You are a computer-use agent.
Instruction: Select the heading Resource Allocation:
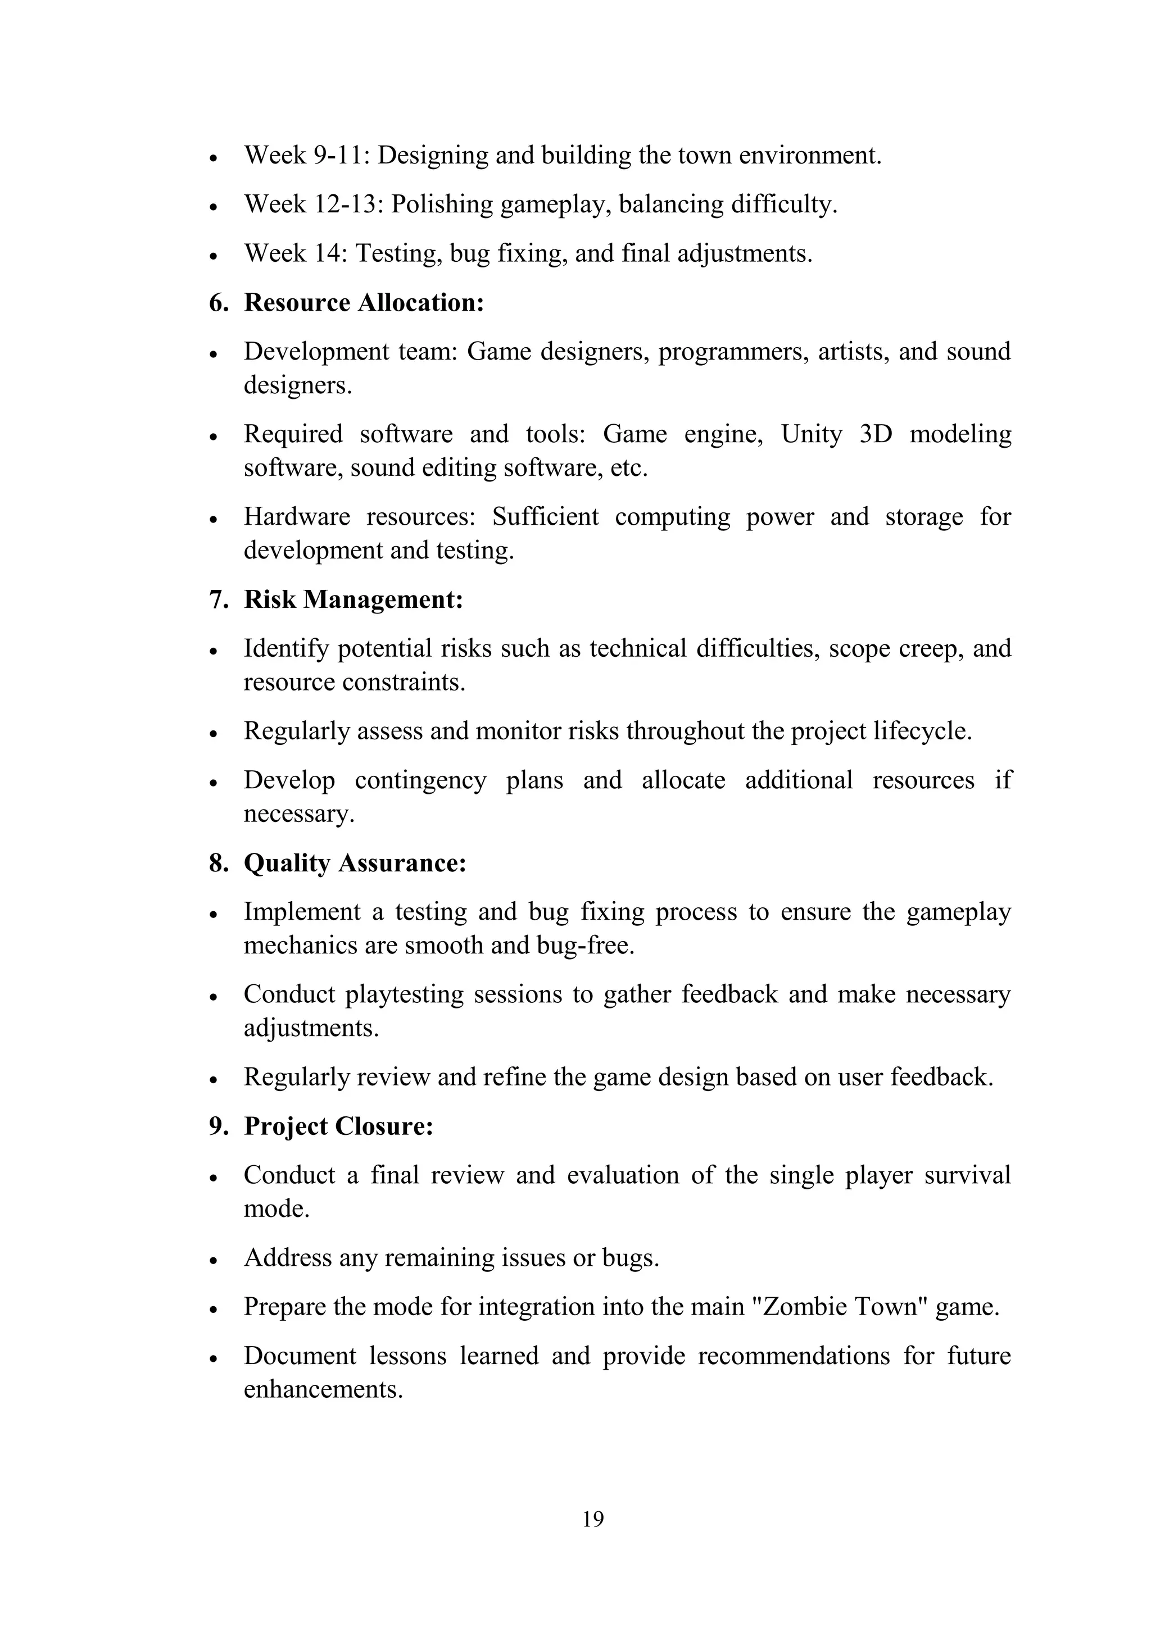coord(364,303)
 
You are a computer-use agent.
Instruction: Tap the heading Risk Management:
coord(353,599)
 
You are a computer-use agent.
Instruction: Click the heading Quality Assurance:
coord(355,863)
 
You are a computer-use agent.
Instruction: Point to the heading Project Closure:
coord(338,1126)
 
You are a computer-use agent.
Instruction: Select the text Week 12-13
coord(313,204)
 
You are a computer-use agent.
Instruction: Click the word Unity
coord(812,434)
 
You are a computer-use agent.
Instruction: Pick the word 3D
coord(875,434)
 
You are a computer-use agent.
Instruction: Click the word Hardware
coord(297,517)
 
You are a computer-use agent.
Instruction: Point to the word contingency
coord(420,780)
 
